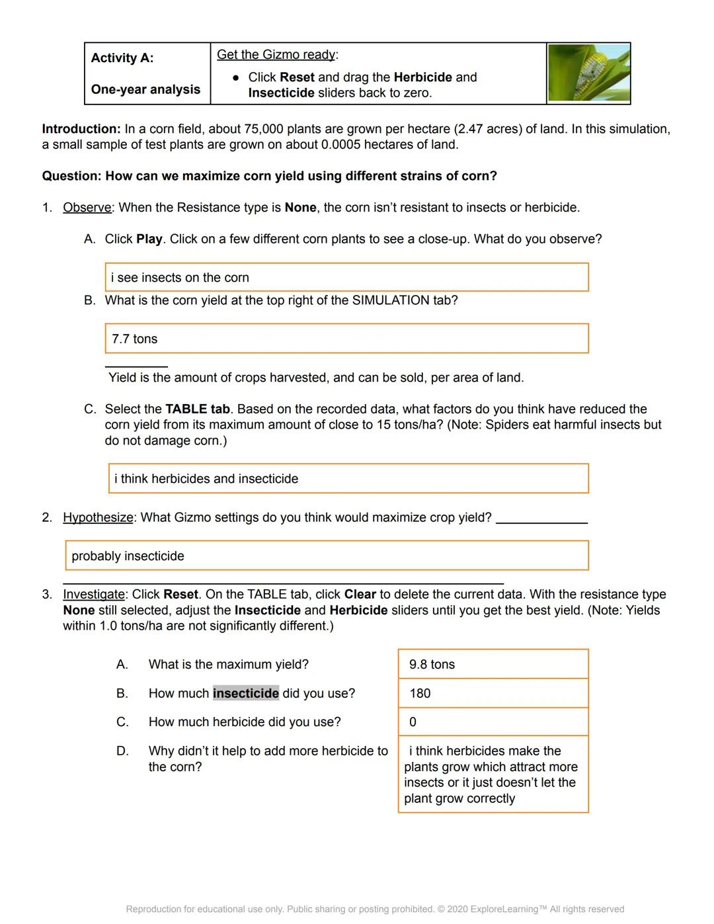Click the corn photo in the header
point(588,73)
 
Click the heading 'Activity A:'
point(122,58)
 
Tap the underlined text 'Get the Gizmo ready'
point(276,55)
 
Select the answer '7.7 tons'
point(135,339)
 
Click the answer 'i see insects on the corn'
point(180,278)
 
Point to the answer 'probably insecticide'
point(128,556)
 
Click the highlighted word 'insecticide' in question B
point(245,693)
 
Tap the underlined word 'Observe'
point(87,208)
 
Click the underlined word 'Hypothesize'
point(98,517)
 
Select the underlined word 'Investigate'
point(93,595)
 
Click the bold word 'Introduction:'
point(81,129)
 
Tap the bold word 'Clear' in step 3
point(360,595)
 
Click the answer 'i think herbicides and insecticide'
point(206,479)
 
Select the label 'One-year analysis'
point(145,89)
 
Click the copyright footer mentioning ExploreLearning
point(375,909)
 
